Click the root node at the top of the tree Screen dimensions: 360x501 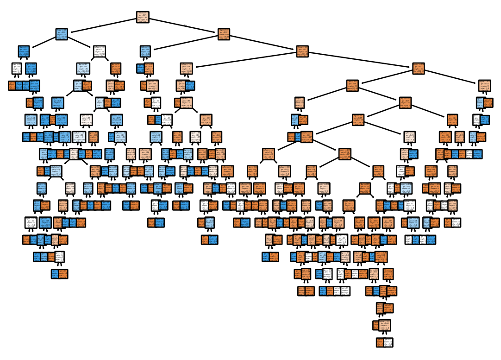(143, 17)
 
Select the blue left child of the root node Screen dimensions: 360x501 (62, 34)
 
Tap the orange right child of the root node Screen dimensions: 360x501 (224, 34)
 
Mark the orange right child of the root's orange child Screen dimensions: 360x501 (302, 51)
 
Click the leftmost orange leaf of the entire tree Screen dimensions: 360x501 (13, 85)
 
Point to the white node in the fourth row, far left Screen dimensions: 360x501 (17, 69)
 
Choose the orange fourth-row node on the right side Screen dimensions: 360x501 (419, 69)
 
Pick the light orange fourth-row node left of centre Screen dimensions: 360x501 (187, 69)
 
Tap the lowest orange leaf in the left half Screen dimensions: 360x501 (63, 274)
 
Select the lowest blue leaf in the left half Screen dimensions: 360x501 (56, 274)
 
